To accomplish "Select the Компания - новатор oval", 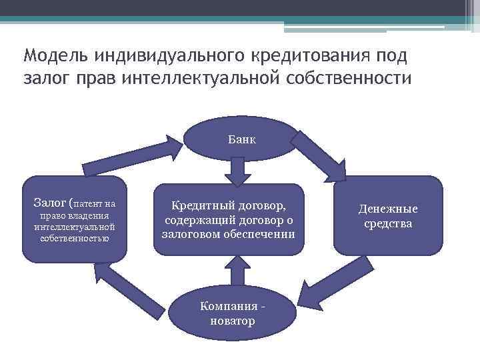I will [x=231, y=313].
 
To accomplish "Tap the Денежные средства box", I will [x=387, y=216].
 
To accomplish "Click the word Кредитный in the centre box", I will [x=199, y=205].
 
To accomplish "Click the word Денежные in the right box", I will [x=387, y=209].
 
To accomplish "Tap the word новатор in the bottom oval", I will [x=231, y=321].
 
